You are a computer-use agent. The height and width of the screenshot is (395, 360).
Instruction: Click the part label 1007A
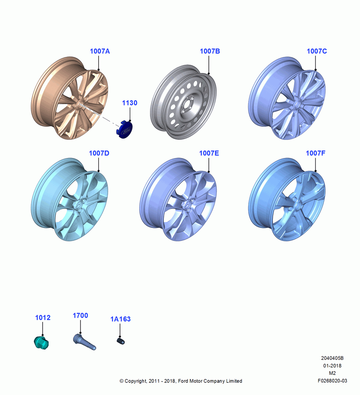pos(100,51)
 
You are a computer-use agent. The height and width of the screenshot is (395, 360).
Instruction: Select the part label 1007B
pos(210,51)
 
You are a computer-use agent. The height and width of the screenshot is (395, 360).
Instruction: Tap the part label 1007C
pos(317,51)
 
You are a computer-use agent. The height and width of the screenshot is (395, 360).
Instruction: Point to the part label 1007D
pos(99,153)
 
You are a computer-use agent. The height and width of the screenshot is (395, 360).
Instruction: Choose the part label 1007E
pos(209,153)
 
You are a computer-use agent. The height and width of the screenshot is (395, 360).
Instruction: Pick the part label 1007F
pos(315,153)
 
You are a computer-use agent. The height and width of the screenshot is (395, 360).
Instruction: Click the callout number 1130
pos(129,103)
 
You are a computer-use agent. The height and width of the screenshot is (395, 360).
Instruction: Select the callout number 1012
pos(43,318)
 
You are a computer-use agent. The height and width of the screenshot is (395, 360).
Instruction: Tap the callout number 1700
pos(80,316)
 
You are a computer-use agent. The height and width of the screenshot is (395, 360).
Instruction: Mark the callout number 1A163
pos(120,319)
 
